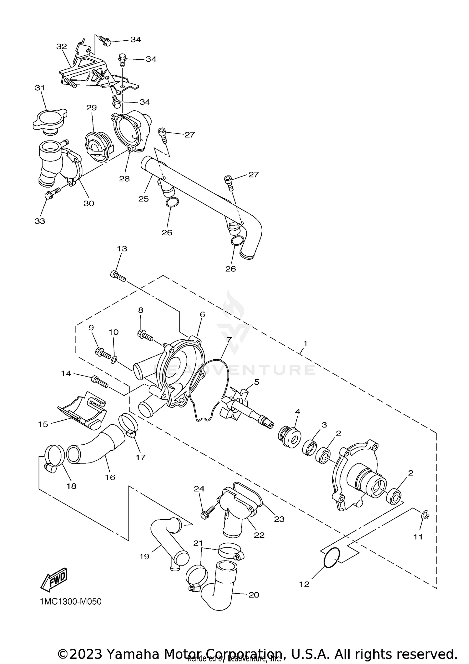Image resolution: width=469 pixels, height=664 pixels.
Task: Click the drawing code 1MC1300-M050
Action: pyautogui.click(x=71, y=601)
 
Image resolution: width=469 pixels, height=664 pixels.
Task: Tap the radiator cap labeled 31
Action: pyautogui.click(x=49, y=122)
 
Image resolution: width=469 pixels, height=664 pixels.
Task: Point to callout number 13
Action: pyautogui.click(x=122, y=249)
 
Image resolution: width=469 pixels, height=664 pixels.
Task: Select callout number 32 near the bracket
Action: pyautogui.click(x=62, y=47)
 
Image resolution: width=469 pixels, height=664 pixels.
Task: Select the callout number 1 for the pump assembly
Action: pyautogui.click(x=305, y=343)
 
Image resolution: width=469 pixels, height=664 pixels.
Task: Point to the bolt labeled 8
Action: pyautogui.click(x=145, y=336)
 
